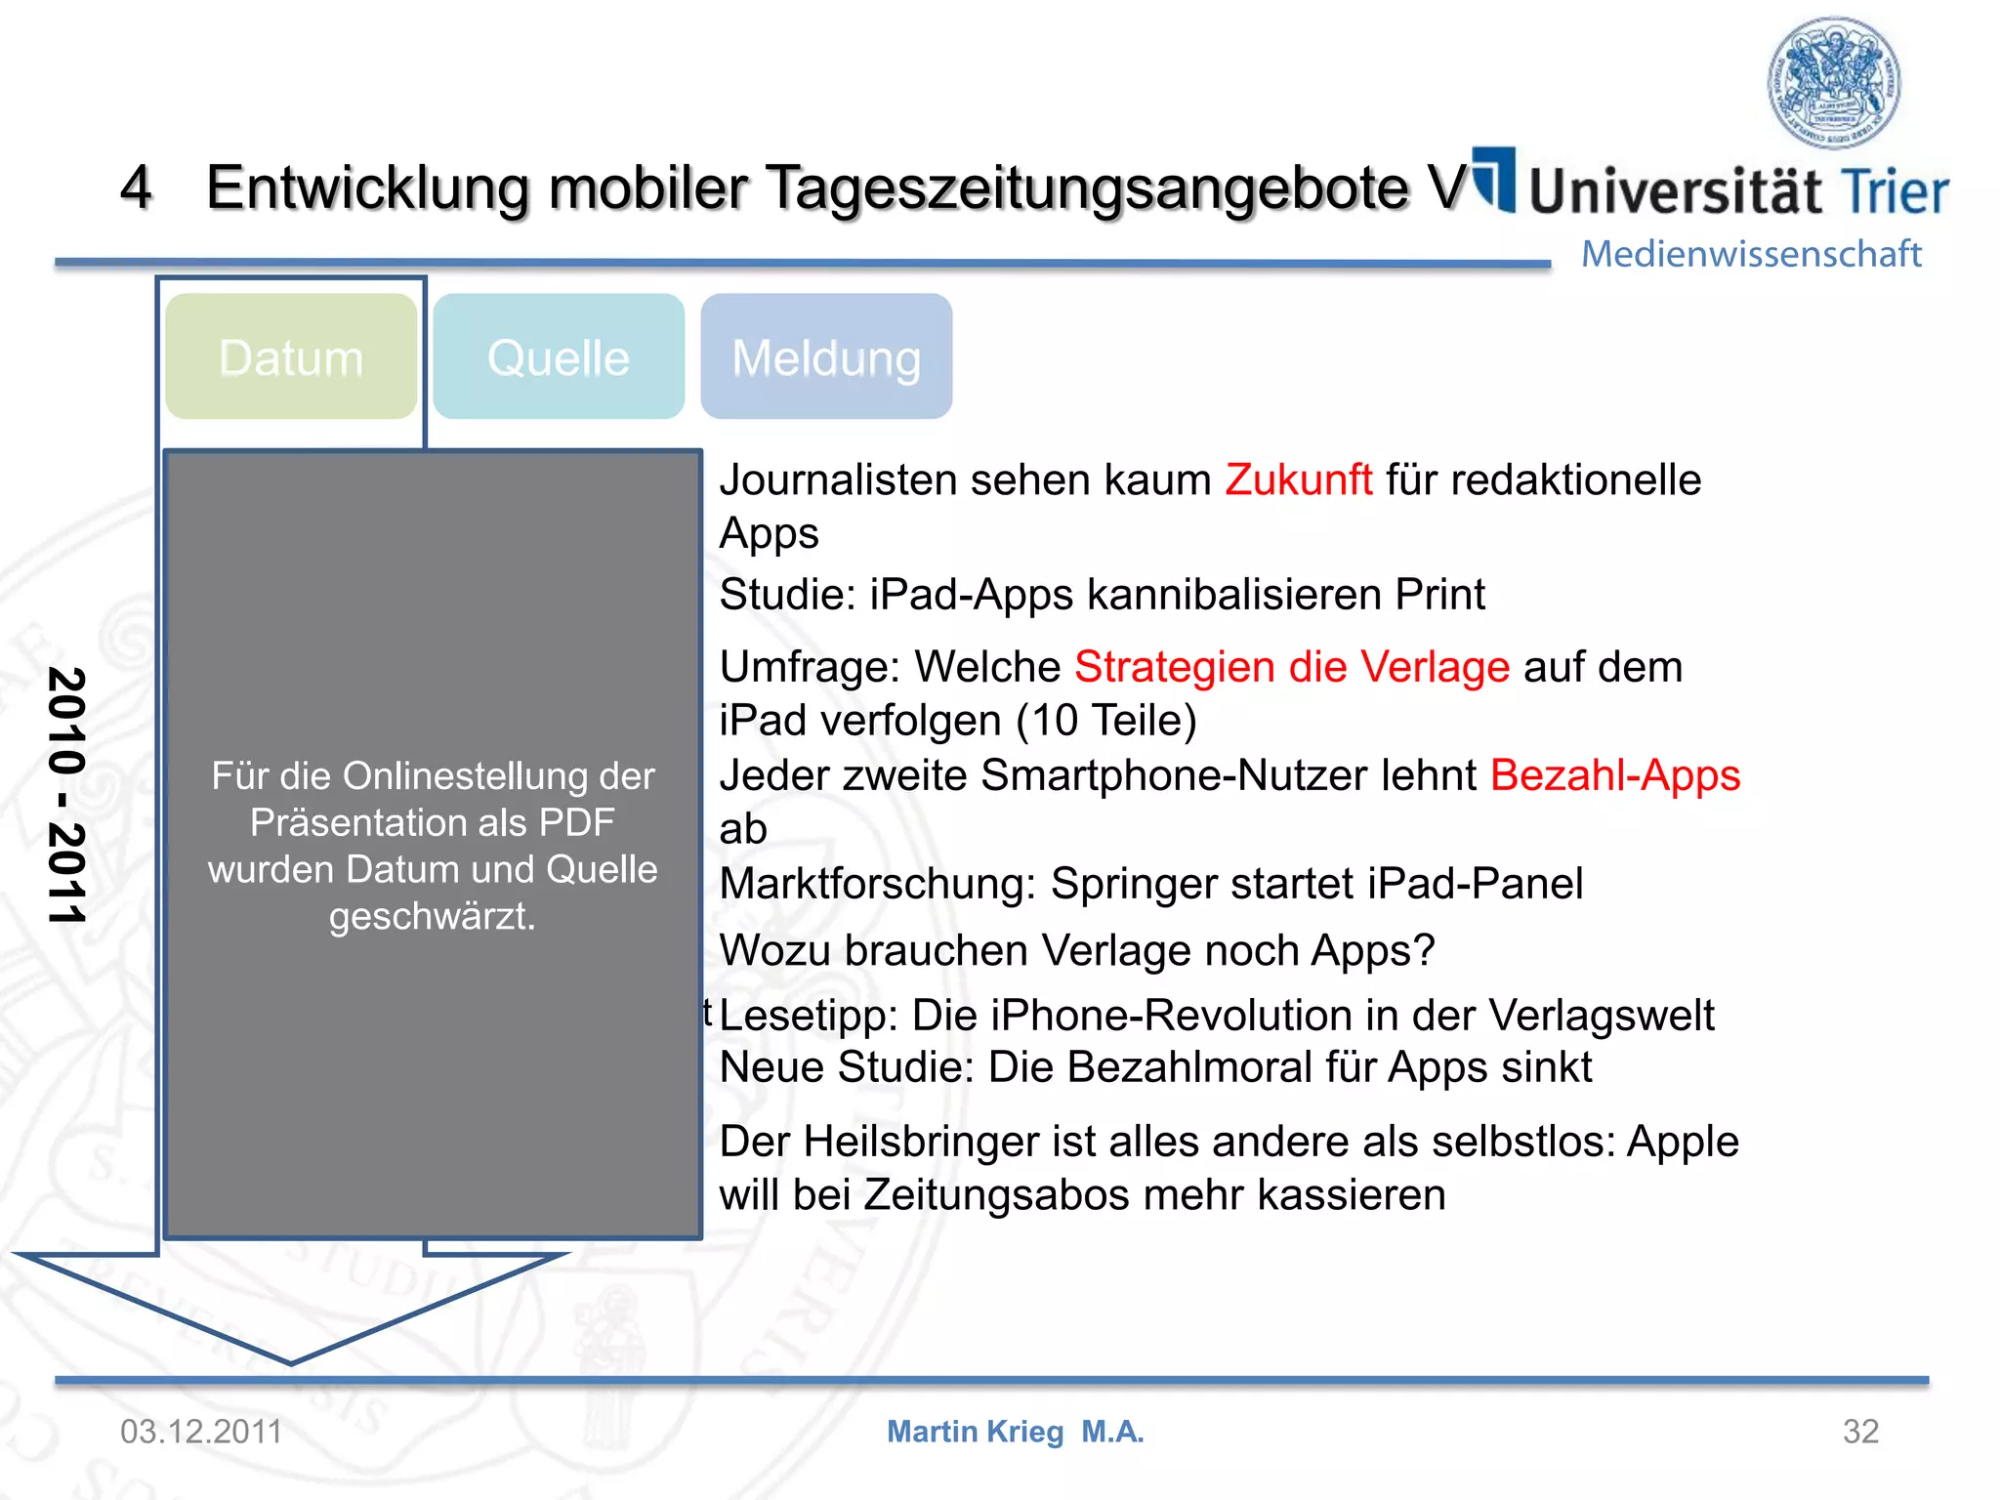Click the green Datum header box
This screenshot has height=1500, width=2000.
point(291,357)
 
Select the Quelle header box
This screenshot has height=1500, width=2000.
point(559,357)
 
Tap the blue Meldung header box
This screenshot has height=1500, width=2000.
point(826,357)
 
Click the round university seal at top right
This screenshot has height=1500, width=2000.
point(1834,83)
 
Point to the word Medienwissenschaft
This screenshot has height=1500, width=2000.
point(1751,254)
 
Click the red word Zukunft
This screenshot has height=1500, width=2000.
point(1299,480)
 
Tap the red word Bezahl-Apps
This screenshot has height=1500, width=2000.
point(1615,776)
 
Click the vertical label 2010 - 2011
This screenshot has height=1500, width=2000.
point(67,796)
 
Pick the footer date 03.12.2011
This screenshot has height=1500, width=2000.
point(201,1432)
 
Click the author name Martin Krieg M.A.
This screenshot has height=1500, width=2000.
point(1015,1432)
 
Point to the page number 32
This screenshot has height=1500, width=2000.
point(1860,1432)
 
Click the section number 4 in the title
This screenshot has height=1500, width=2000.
point(136,187)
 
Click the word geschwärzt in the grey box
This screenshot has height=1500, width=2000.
point(432,917)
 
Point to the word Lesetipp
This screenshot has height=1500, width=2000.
point(809,1016)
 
